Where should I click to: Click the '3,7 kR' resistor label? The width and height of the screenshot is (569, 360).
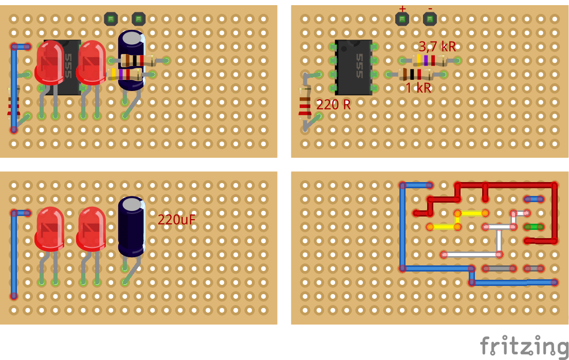tap(437, 47)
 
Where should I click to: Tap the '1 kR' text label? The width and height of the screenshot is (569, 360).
tap(418, 88)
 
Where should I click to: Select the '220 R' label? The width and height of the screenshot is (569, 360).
tap(333, 105)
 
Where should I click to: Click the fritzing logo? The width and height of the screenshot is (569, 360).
tap(524, 346)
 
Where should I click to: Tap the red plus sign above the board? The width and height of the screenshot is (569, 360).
tap(402, 9)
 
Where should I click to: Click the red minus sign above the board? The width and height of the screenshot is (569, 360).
tap(430, 9)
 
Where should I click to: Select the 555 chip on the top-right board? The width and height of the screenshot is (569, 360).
tap(353, 67)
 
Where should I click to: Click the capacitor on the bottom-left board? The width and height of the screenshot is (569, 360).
tap(132, 226)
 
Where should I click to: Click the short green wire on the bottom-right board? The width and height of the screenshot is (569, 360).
tap(534, 227)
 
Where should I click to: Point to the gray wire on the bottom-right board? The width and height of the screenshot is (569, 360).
tap(499, 268)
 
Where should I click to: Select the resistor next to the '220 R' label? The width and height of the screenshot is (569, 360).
tap(305, 105)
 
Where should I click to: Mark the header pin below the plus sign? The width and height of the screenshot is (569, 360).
tap(402, 20)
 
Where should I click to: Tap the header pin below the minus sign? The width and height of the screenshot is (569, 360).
tap(429, 20)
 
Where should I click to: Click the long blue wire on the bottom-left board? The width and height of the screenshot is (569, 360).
tap(14, 255)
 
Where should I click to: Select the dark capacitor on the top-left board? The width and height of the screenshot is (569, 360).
tap(131, 59)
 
